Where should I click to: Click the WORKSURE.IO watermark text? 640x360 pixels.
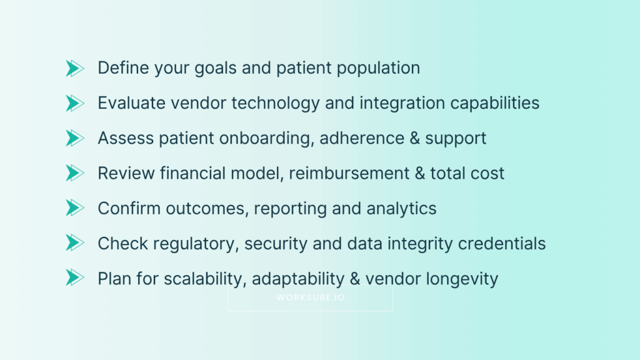pyautogui.click(x=310, y=298)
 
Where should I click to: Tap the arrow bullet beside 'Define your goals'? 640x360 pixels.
pyautogui.click(x=74, y=68)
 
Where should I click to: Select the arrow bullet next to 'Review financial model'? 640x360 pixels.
pyautogui.click(x=74, y=173)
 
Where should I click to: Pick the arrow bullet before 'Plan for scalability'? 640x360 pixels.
pyautogui.click(x=74, y=278)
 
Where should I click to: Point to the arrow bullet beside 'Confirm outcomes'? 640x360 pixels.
pyautogui.click(x=74, y=208)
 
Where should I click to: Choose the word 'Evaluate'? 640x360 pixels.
pyautogui.click(x=130, y=103)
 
